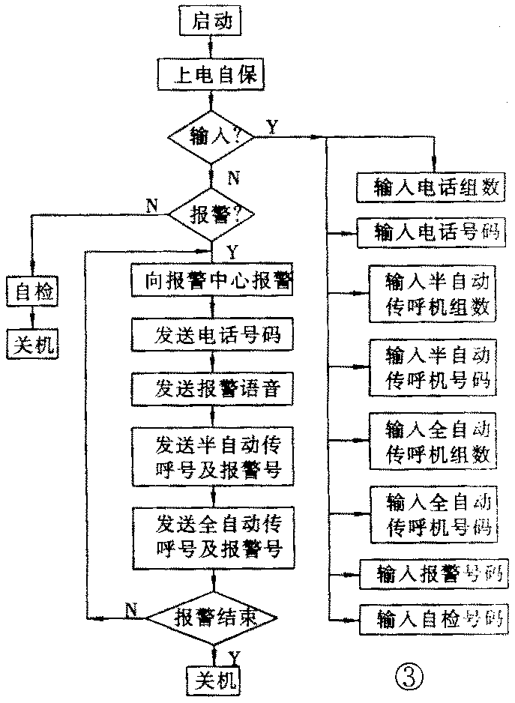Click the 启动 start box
(213, 22)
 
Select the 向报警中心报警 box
(212, 280)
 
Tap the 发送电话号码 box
(212, 334)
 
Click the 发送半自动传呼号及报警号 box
(212, 453)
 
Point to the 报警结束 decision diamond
(212, 617)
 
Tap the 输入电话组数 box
(427, 187)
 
